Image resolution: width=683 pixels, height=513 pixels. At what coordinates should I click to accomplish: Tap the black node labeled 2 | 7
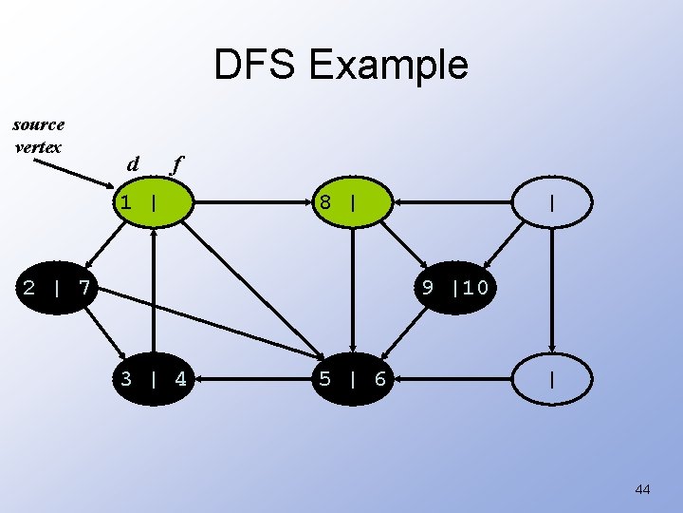(x=57, y=287)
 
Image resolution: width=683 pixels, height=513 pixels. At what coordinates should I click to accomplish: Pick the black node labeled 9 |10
(x=455, y=287)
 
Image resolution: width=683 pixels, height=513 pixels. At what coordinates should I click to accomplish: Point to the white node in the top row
(x=552, y=202)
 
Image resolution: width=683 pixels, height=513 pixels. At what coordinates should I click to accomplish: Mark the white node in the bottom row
(x=552, y=380)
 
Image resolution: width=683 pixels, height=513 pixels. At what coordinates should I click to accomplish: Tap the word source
(x=39, y=124)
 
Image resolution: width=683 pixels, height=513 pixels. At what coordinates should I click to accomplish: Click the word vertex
(x=39, y=146)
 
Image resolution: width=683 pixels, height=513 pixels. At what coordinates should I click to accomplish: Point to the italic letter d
(x=134, y=164)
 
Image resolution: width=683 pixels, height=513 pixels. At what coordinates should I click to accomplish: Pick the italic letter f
(x=175, y=164)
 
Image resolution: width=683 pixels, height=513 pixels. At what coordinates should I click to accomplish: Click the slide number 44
(x=642, y=489)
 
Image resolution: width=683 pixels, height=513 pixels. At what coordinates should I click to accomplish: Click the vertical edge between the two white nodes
(x=552, y=291)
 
